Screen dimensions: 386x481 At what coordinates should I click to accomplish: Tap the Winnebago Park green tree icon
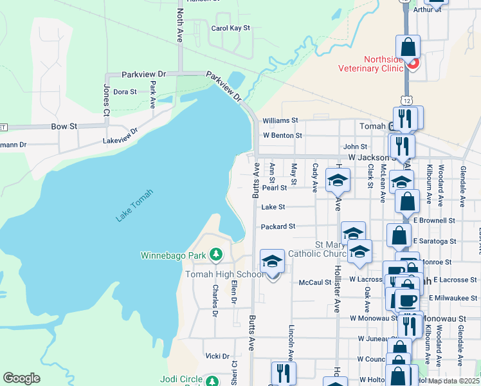click(216, 255)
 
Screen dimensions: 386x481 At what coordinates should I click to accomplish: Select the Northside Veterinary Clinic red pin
click(413, 64)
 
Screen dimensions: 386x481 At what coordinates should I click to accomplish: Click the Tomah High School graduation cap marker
click(272, 262)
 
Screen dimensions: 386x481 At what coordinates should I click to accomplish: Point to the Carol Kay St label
click(230, 28)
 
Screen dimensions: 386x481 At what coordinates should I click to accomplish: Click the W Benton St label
click(282, 136)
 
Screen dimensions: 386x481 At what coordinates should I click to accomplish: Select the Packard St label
click(278, 226)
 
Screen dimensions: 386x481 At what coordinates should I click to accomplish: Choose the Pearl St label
click(274, 188)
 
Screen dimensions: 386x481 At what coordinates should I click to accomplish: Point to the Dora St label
click(125, 92)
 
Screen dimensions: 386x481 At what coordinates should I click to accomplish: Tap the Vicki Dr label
click(217, 356)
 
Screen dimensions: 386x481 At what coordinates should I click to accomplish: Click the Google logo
click(21, 378)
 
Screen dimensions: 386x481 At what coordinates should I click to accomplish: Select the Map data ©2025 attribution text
click(453, 381)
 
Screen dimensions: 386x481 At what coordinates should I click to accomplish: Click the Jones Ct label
click(106, 100)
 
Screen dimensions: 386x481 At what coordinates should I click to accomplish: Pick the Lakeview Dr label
click(120, 136)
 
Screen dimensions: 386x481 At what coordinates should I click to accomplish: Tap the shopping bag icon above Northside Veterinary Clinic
click(408, 47)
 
